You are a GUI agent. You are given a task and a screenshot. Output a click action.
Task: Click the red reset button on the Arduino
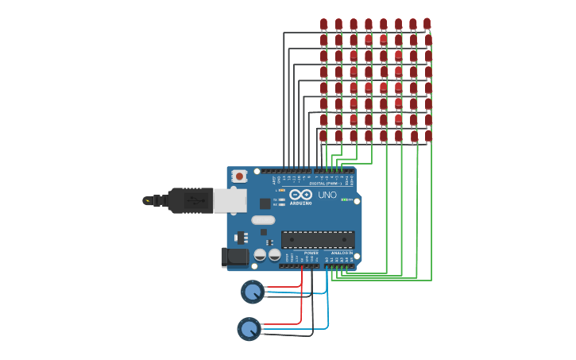click(238, 176)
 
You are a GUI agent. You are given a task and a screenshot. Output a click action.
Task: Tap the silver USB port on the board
click(230, 200)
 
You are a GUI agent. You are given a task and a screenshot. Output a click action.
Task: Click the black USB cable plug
click(189, 200)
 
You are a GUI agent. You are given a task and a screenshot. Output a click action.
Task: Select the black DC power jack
click(235, 257)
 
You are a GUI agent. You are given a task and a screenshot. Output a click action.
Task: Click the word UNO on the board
click(327, 195)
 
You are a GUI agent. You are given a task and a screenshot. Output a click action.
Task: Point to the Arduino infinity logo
click(300, 195)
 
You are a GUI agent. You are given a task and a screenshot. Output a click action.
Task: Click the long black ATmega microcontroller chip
click(318, 239)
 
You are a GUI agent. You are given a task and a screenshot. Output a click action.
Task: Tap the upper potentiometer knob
click(253, 292)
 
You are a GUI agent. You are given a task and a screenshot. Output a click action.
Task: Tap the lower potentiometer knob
click(249, 328)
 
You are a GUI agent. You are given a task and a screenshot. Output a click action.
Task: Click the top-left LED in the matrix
click(323, 24)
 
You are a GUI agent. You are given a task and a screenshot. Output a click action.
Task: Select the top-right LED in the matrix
click(427, 23)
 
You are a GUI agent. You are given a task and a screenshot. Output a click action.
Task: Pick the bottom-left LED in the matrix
click(323, 136)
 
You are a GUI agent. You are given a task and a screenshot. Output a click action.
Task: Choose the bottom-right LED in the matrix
click(428, 136)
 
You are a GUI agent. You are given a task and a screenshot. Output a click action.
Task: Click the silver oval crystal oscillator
click(263, 220)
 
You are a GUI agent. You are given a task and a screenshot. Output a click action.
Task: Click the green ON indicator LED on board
click(344, 199)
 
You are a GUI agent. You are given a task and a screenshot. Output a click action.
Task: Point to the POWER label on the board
click(311, 253)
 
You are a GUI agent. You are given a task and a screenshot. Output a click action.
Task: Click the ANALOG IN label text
click(342, 253)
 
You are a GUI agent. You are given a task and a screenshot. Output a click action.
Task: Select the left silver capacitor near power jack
click(260, 255)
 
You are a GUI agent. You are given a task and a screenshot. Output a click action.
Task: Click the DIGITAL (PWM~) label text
click(325, 183)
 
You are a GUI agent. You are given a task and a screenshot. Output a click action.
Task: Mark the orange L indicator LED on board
click(282, 190)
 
